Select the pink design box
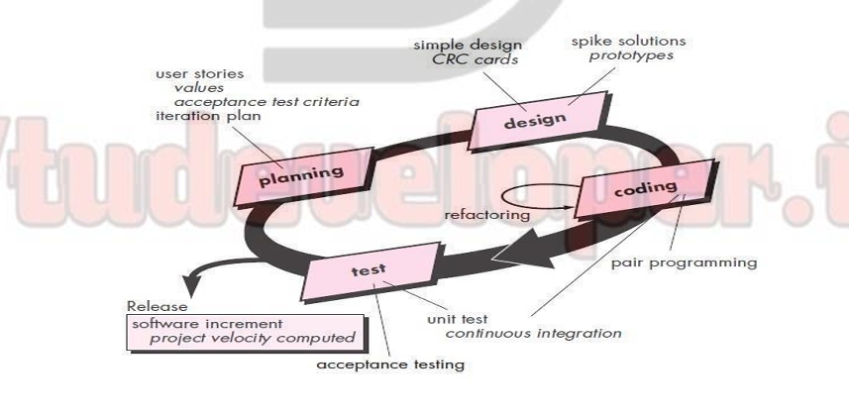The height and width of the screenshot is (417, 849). point(534,122)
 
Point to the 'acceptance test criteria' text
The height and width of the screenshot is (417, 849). point(266,102)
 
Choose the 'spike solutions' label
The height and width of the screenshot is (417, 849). point(628,41)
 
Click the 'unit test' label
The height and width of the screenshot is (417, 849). point(459,319)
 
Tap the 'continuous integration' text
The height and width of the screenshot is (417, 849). point(533,333)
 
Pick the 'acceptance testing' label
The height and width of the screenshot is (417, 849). point(389,365)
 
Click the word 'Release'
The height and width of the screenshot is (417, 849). point(157,306)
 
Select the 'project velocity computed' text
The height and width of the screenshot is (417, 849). point(252,338)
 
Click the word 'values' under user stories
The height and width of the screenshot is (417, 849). point(198,88)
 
